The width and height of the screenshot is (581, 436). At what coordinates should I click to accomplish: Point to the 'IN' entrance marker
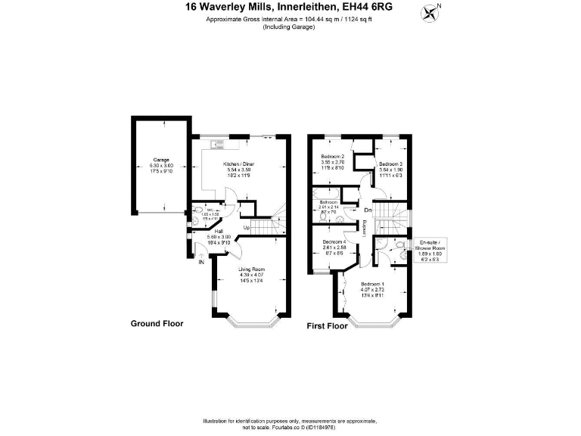(x=201, y=263)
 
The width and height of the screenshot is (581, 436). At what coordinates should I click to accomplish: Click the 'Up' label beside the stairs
(x=247, y=227)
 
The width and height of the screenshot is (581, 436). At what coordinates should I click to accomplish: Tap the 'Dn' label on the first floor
(x=368, y=210)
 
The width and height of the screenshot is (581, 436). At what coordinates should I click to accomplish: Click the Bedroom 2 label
(x=332, y=157)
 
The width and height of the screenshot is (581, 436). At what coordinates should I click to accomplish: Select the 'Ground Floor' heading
(x=157, y=323)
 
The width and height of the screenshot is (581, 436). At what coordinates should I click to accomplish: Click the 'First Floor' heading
(x=327, y=327)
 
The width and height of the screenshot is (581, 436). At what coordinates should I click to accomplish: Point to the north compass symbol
(x=432, y=11)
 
